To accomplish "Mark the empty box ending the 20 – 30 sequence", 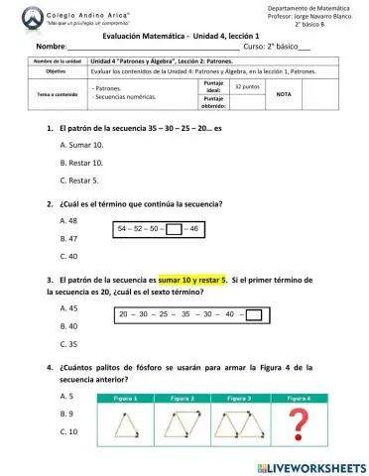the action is click(x=253, y=316).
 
